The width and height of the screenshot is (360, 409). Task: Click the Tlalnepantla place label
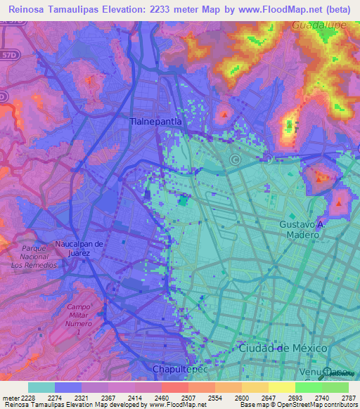click(156, 121)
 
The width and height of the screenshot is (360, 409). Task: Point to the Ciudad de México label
click(283, 349)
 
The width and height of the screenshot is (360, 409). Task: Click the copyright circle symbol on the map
click(234, 160)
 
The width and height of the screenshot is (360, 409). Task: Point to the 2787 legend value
click(348, 398)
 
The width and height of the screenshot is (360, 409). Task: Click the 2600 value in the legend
click(241, 398)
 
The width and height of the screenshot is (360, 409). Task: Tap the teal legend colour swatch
click(41, 387)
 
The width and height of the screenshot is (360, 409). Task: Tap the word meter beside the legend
click(11, 398)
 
